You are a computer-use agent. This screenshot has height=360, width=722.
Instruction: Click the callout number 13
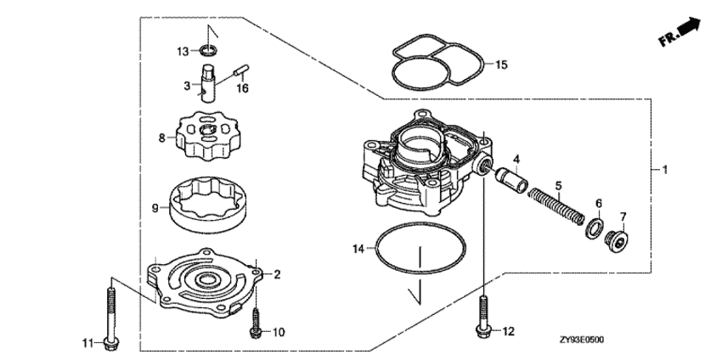183,53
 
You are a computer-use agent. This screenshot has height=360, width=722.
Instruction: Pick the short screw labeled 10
254,322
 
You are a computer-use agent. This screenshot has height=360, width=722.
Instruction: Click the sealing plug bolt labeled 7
614,239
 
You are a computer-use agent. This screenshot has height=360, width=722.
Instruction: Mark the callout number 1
665,170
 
